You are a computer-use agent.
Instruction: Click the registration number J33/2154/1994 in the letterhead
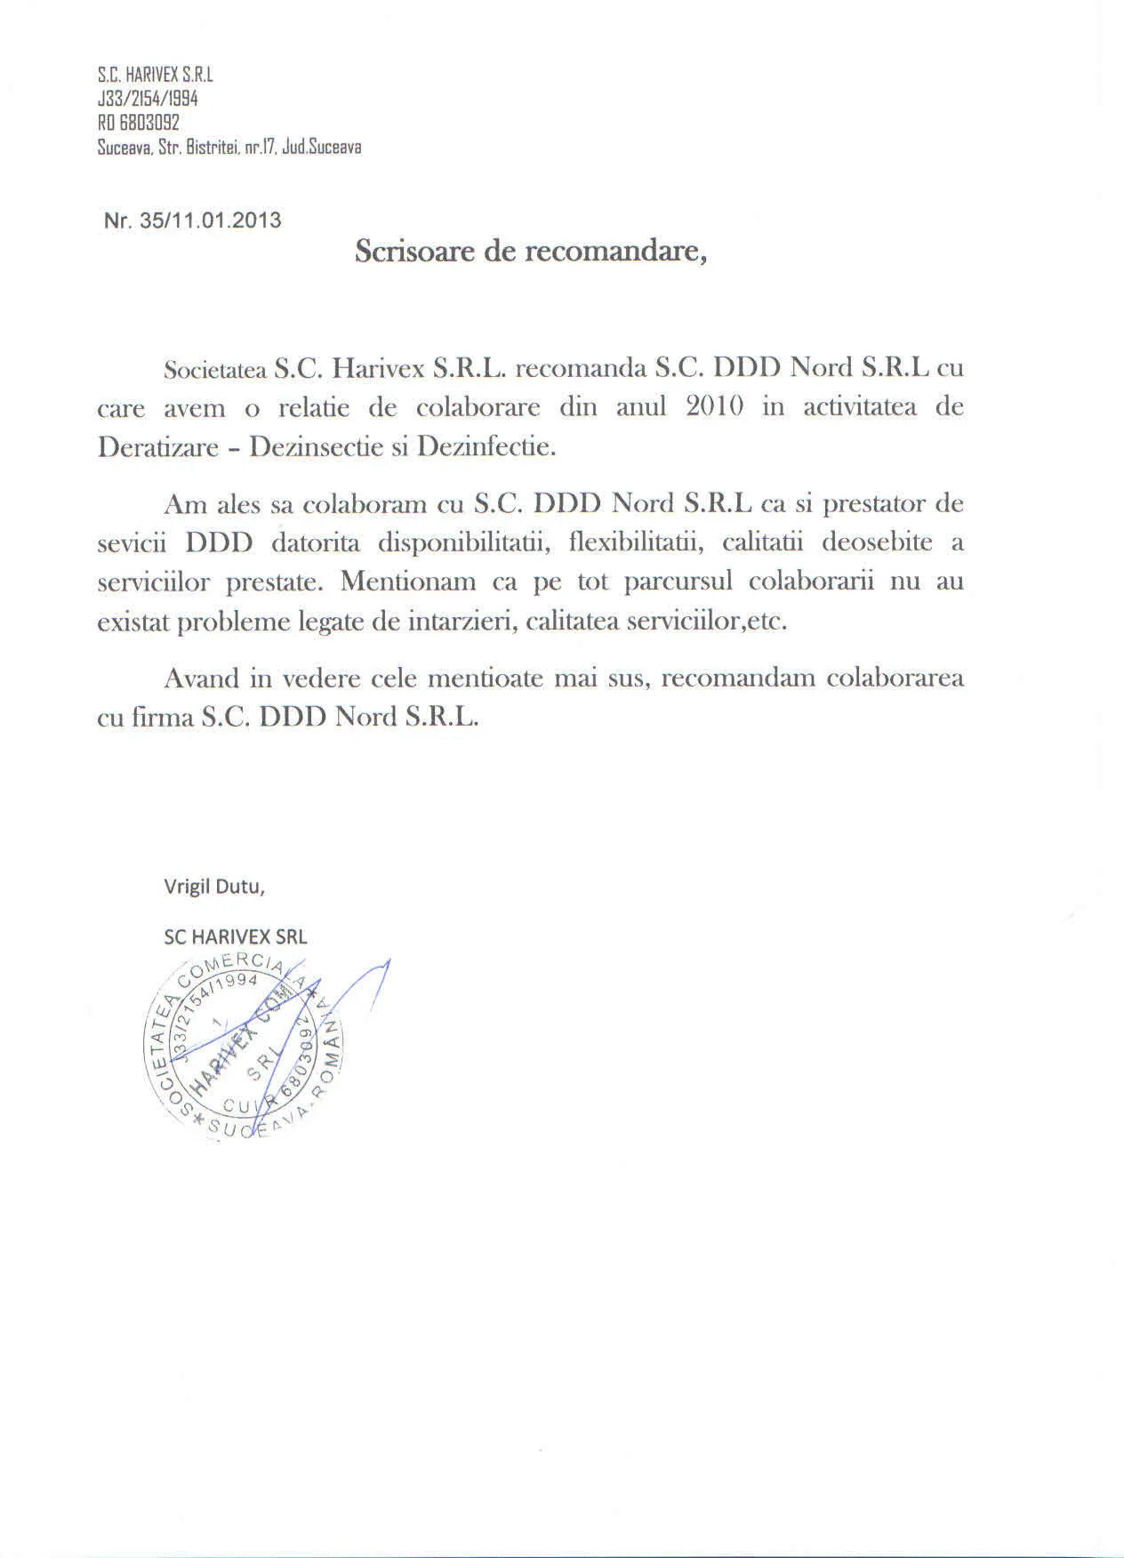(147, 99)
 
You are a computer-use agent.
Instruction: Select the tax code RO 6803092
(138, 123)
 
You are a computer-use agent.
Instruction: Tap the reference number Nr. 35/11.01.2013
(192, 221)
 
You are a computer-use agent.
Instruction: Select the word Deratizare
(158, 446)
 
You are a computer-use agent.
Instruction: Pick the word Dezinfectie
(486, 446)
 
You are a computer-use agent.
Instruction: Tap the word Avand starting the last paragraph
(202, 679)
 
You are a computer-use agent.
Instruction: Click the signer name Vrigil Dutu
(213, 887)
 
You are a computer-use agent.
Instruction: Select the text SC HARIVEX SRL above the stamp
(236, 936)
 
